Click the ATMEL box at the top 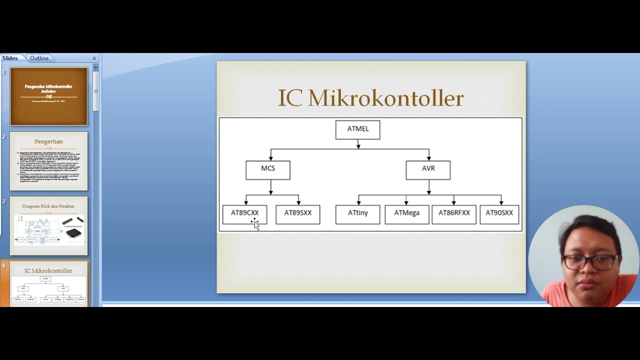(x=357, y=129)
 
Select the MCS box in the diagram (x=268, y=169)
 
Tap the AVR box (x=428, y=169)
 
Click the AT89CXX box (x=244, y=214)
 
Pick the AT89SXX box (x=298, y=214)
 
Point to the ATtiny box (x=357, y=214)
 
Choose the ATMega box (x=406, y=214)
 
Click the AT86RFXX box (x=454, y=214)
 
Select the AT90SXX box (x=499, y=214)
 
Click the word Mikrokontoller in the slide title (x=385, y=98)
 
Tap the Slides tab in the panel (x=10, y=58)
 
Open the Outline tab (x=39, y=58)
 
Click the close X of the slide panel (x=94, y=58)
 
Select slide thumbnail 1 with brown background (x=48, y=96)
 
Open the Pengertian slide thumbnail (x=48, y=161)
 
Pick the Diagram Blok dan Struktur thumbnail (x=48, y=225)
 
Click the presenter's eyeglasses (x=590, y=261)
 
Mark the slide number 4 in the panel (x=3, y=266)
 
